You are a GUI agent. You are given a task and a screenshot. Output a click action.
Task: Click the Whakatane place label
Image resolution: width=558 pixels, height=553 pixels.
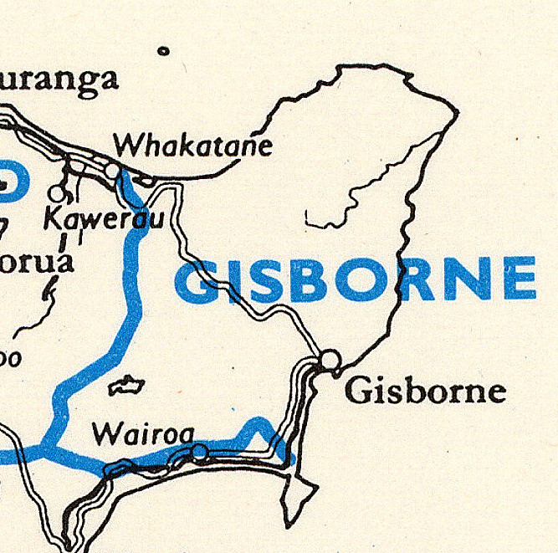(193, 146)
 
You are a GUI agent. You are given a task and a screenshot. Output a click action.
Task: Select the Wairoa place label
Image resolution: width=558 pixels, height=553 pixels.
(143, 433)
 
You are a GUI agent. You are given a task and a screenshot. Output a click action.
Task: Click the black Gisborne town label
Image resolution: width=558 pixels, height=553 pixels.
(426, 392)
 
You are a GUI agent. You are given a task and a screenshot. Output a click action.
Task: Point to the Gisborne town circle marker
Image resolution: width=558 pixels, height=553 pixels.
(330, 360)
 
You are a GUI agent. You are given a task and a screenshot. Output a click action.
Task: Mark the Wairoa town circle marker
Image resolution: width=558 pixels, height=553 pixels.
(199, 453)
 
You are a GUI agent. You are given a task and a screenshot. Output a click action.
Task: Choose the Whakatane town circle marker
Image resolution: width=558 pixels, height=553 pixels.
(112, 171)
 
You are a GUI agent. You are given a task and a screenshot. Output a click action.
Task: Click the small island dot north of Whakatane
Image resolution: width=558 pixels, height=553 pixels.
(163, 51)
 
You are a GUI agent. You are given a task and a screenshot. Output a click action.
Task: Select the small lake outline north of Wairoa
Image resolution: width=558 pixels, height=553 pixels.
(126, 386)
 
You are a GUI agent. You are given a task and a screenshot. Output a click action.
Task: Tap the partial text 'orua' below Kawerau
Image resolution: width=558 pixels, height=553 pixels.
(37, 261)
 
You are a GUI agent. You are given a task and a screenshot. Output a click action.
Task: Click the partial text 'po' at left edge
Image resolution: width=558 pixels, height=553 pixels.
(10, 357)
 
